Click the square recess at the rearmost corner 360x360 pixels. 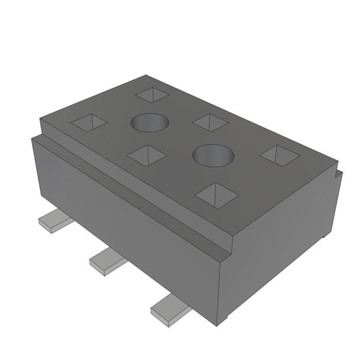[152, 95]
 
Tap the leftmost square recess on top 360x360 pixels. [89, 122]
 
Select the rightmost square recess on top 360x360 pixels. [280, 155]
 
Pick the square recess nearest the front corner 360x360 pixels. [217, 195]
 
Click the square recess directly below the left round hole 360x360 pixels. [147, 156]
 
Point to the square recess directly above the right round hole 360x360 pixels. [211, 122]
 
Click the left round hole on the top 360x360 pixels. [149, 122]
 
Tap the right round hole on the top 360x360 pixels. [213, 156]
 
